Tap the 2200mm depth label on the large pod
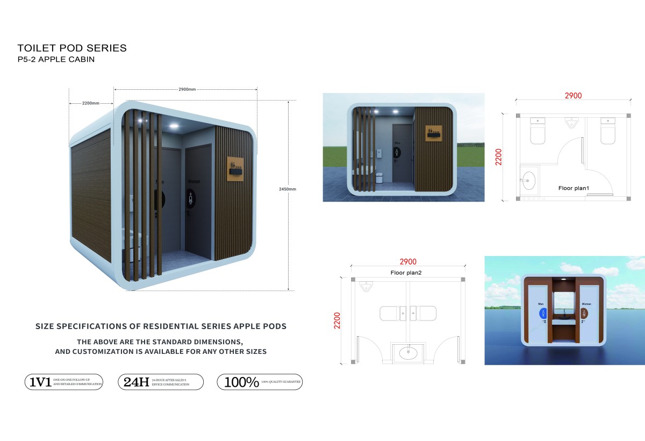[x=91, y=103]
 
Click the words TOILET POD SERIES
[x=72, y=48]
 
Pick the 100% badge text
[x=242, y=382]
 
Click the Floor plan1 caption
[x=574, y=188]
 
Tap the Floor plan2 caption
[x=406, y=273]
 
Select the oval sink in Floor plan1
[x=529, y=179]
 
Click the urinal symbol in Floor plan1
[x=571, y=124]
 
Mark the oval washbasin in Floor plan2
[x=408, y=353]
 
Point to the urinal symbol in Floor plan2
[x=368, y=286]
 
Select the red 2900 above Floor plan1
[x=573, y=96]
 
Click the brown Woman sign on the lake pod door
[x=584, y=312]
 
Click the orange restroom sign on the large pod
[x=235, y=168]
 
